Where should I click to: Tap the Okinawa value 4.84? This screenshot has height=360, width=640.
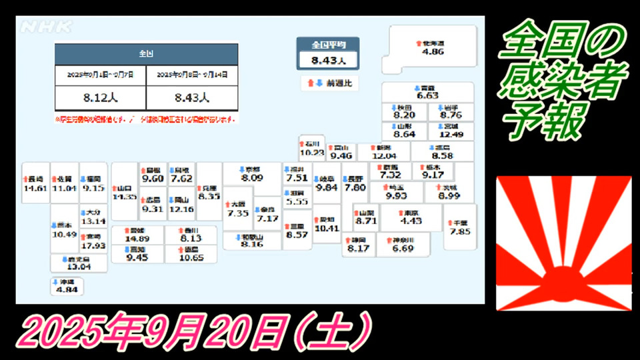point(67,290)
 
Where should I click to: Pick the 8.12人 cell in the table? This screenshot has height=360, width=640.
point(100,97)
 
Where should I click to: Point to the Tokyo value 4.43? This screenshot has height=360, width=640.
point(411,221)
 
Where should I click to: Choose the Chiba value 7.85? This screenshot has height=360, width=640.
point(460,231)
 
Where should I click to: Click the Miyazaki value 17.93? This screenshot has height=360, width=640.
point(93,246)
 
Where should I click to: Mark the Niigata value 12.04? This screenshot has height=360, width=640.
point(384,156)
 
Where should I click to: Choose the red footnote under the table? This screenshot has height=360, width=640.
point(146,120)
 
